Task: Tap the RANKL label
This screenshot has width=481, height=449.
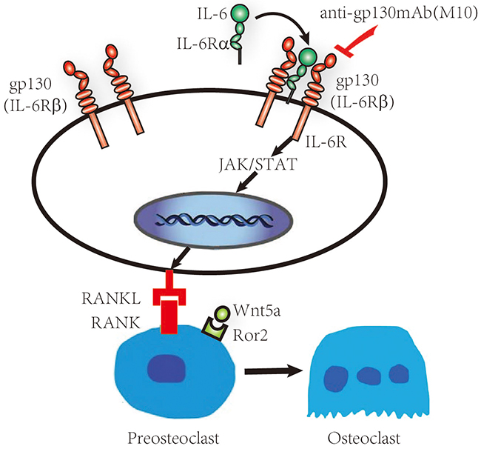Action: (104, 298)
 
